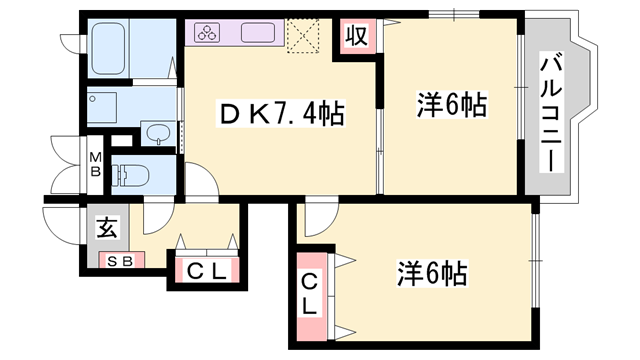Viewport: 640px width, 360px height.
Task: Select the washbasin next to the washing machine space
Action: pyautogui.click(x=158, y=133)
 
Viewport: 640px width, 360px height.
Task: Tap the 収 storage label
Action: pyautogui.click(x=355, y=37)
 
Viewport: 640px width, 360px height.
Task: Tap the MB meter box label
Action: pyautogui.click(x=94, y=165)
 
